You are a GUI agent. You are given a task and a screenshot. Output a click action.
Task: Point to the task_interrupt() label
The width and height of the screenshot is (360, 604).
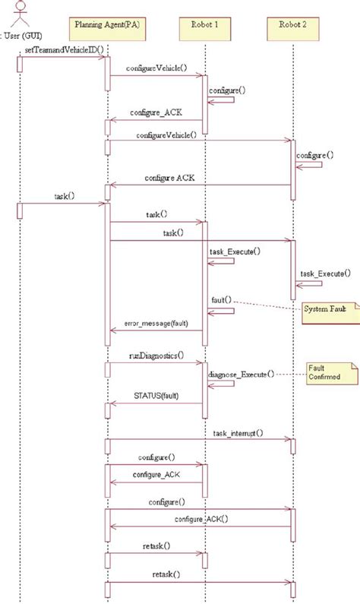pos(238,433)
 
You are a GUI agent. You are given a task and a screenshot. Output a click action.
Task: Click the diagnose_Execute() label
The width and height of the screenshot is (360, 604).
pos(241,375)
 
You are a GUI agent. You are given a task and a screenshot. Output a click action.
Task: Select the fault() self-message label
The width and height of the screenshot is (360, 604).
pos(221,301)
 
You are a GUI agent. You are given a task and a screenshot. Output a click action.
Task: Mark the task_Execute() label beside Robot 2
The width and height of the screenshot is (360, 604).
pos(325,274)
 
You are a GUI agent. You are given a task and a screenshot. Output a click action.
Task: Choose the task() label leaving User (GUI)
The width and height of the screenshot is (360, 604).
pos(65,196)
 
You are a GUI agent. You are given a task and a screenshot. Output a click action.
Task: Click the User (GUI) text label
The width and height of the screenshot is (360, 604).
pos(22,35)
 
